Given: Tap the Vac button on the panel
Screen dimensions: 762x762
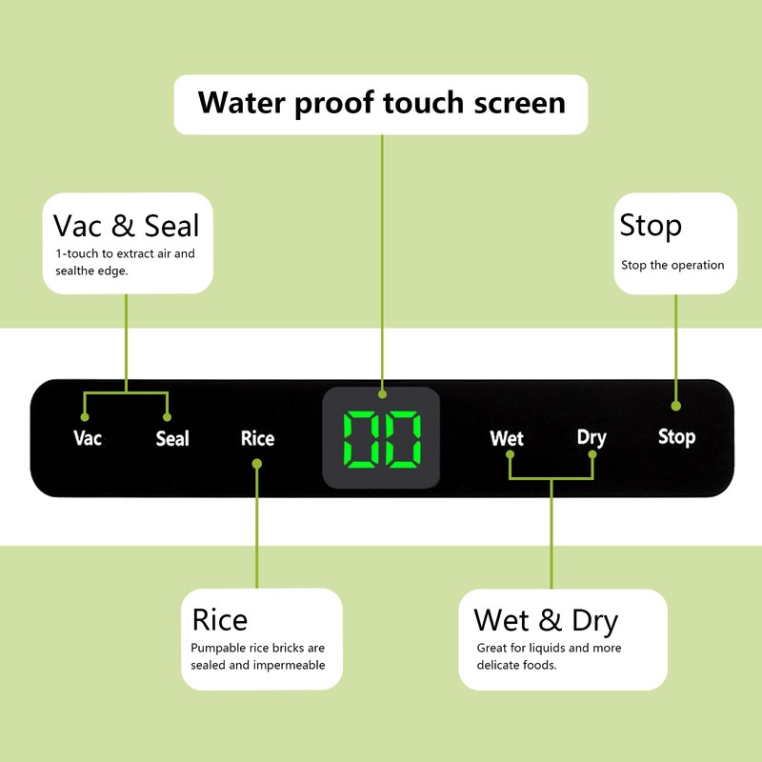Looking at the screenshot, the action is [x=88, y=438].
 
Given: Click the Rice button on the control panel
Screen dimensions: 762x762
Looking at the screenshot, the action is [x=257, y=438].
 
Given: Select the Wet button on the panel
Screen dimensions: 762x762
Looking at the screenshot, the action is [x=507, y=438].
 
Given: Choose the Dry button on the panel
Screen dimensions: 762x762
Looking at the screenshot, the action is [x=592, y=437].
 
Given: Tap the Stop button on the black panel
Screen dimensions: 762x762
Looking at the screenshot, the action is [x=676, y=437].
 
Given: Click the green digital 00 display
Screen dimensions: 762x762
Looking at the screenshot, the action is [x=382, y=439].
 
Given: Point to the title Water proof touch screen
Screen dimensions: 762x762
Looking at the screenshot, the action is [x=381, y=102].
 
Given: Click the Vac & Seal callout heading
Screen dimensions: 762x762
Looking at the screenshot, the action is [x=127, y=226].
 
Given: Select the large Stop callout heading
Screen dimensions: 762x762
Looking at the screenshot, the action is [x=651, y=226].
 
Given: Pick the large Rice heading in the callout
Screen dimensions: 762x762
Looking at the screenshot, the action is [x=220, y=620].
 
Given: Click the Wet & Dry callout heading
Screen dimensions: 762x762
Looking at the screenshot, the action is [x=546, y=620].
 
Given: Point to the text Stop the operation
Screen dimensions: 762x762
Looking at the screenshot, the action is [x=672, y=265].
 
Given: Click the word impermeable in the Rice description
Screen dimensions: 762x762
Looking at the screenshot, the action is [x=290, y=665].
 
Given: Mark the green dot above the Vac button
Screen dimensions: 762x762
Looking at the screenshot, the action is [x=85, y=417].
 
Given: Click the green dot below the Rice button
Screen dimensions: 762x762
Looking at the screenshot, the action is [x=257, y=464].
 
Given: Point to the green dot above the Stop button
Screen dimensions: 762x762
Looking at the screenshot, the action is [x=676, y=406].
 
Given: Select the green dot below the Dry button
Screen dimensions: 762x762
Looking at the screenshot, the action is [x=592, y=454].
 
